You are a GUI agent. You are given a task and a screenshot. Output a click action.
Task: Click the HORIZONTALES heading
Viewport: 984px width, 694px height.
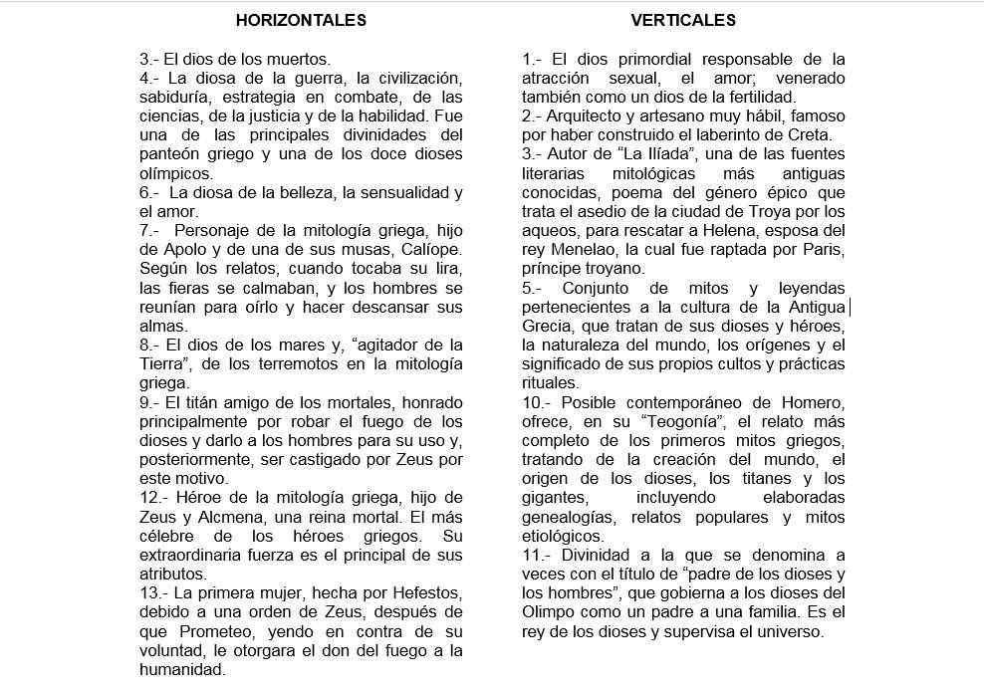301,20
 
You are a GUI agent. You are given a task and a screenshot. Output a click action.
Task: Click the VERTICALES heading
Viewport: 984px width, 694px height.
682,20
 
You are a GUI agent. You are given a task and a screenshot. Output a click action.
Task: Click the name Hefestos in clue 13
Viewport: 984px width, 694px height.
433,592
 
